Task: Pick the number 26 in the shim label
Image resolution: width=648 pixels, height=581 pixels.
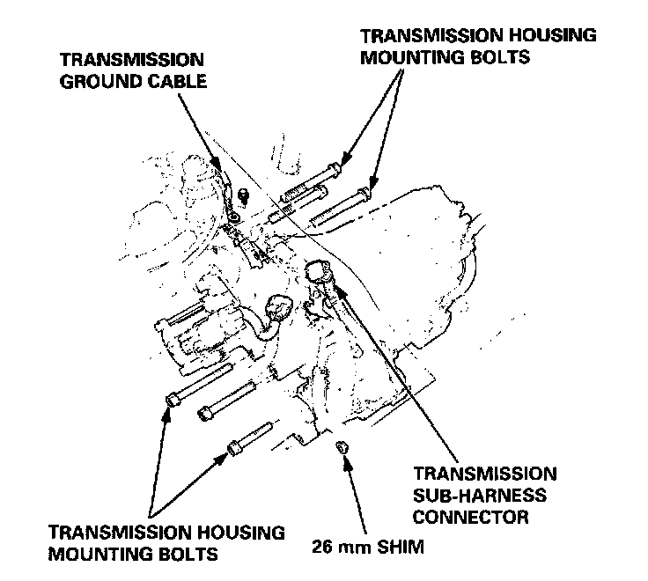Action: coord(322,547)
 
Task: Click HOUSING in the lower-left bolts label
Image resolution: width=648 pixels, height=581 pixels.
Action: coord(232,533)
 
